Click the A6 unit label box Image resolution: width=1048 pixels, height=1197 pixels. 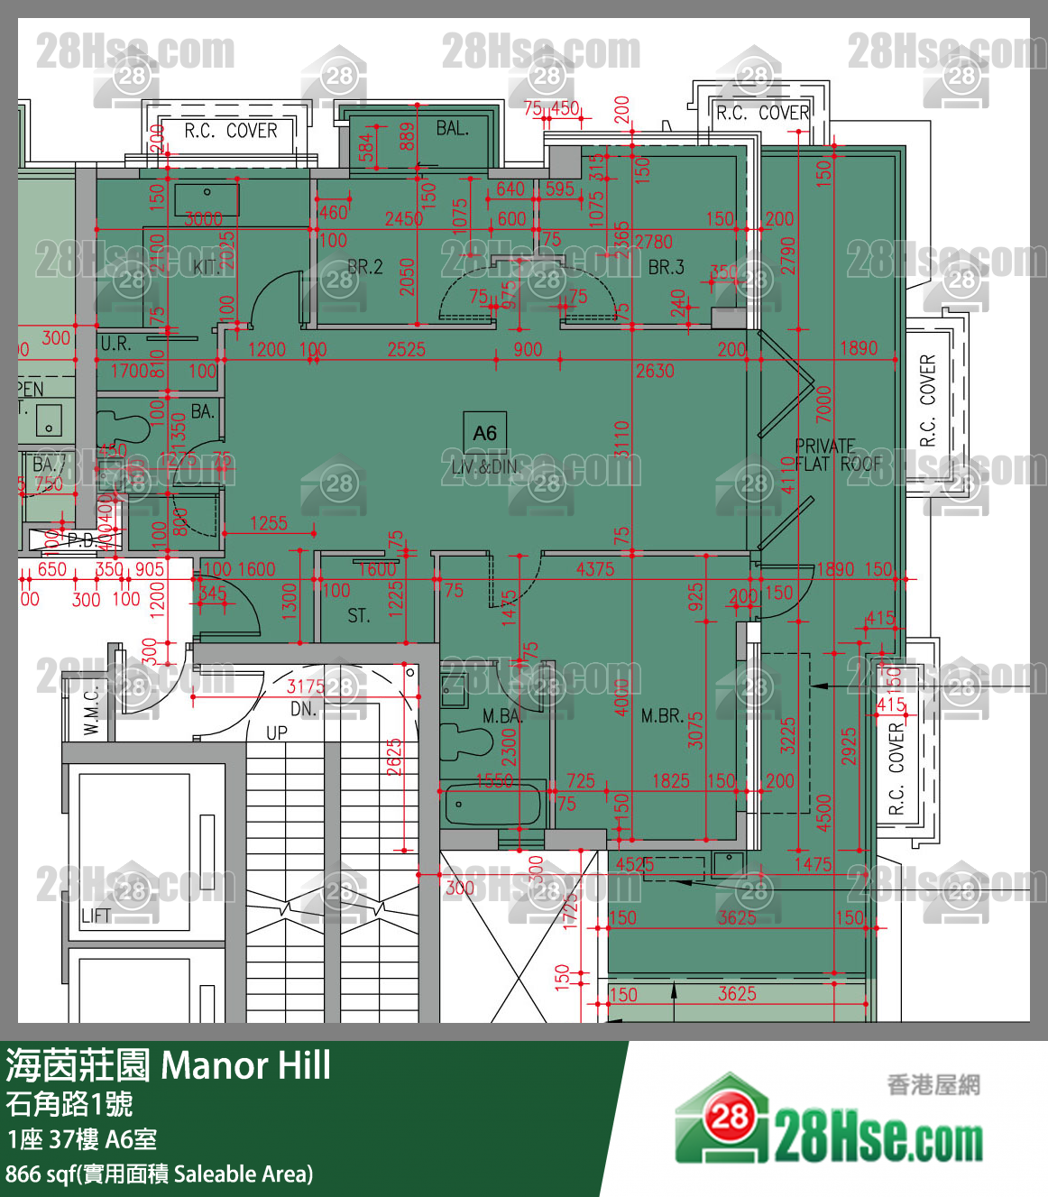(x=484, y=433)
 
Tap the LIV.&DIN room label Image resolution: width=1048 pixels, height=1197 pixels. (x=484, y=466)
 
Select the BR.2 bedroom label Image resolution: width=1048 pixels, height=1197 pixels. (x=365, y=267)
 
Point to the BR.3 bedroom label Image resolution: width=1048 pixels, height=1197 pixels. (x=666, y=267)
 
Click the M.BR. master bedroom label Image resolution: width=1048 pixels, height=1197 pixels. (x=661, y=716)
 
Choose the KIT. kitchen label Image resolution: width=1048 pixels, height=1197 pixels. (x=207, y=267)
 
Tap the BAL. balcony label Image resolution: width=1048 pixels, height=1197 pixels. (x=452, y=128)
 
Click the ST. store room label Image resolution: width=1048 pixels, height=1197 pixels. (x=358, y=616)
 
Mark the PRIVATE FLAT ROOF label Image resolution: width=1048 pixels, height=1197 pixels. (x=836, y=456)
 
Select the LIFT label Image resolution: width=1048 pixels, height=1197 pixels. (x=96, y=916)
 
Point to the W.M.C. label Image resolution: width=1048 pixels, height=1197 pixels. (x=91, y=710)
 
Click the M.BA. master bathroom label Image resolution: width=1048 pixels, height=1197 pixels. (x=501, y=716)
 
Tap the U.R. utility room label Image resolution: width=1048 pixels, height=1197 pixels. (x=115, y=344)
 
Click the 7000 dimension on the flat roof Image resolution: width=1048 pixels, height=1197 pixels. (x=823, y=404)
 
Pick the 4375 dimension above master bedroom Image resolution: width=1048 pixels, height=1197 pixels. (x=595, y=569)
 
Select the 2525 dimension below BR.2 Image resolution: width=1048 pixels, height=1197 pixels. (x=406, y=349)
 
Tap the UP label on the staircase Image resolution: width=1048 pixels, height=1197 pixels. (x=276, y=732)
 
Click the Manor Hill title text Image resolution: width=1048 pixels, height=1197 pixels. (x=245, y=1065)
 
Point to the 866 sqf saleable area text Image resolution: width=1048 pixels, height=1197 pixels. (x=159, y=1174)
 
